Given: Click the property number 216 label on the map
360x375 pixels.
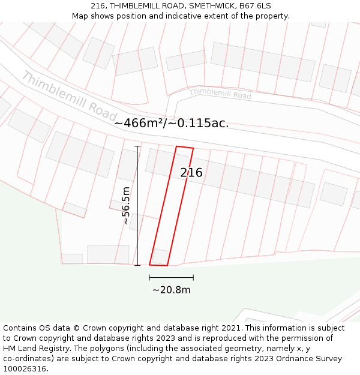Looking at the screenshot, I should [191, 173].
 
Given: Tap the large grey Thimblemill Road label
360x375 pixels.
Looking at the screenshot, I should [69, 95].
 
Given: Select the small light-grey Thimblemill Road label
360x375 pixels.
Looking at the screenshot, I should [220, 93].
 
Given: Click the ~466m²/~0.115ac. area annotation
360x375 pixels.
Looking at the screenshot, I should [171, 123].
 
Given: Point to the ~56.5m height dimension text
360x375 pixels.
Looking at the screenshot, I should [126, 206].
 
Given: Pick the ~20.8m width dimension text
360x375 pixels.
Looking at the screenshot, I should [171, 290].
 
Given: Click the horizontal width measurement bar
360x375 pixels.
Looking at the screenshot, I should [171, 278].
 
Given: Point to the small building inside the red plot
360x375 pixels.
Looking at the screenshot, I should [161, 256].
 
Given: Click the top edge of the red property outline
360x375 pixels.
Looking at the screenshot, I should [184, 147].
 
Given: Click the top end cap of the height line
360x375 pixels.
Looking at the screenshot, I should [137, 146].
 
